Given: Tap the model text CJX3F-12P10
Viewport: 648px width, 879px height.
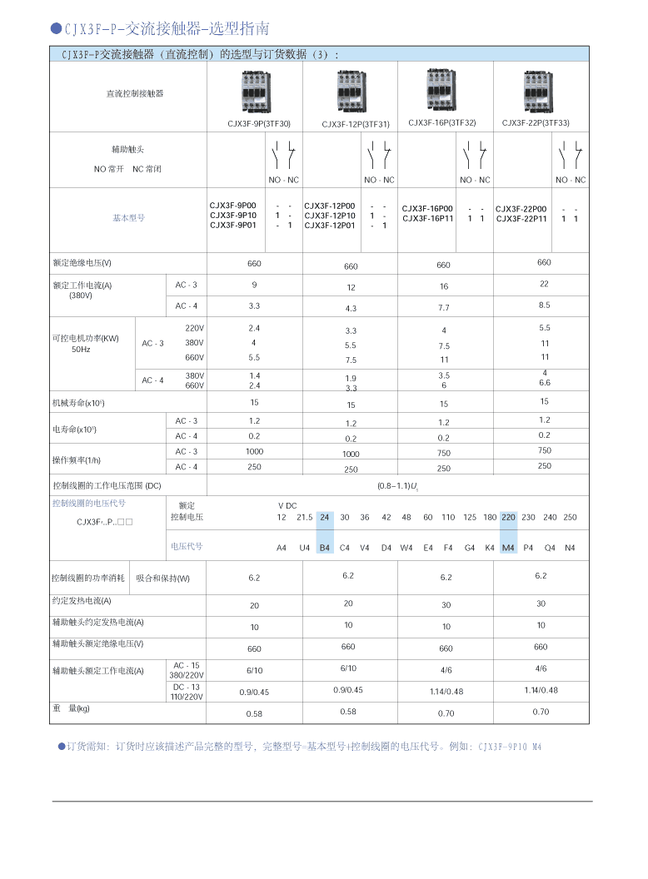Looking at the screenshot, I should pyautogui.click(x=330, y=216).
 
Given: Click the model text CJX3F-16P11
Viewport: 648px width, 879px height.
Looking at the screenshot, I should pyautogui.click(x=427, y=219).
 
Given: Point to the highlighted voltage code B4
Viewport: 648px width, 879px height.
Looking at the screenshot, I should pyautogui.click(x=325, y=548).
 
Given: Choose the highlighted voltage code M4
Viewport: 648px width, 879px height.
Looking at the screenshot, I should pyautogui.click(x=508, y=548).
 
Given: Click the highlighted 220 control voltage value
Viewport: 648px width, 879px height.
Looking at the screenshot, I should pyautogui.click(x=508, y=517).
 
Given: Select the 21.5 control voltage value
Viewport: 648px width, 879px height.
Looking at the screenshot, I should pyautogui.click(x=305, y=517).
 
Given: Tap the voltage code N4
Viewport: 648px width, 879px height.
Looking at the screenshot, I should pyautogui.click(x=570, y=548).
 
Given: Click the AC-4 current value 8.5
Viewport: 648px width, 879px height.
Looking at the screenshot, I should pyautogui.click(x=544, y=305).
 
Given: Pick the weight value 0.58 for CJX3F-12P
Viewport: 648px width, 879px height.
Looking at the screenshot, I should pyautogui.click(x=348, y=712).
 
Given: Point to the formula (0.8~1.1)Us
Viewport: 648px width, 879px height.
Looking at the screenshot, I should pyautogui.click(x=397, y=485).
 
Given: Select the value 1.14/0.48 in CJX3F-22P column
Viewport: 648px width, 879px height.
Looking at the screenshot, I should pyautogui.click(x=541, y=690).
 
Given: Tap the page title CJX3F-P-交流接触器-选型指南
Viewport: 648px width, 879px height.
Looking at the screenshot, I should pyautogui.click(x=167, y=29).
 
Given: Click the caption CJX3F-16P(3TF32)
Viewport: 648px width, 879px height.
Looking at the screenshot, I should pyautogui.click(x=442, y=122).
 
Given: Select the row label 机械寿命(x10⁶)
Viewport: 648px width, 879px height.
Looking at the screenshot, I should pyautogui.click(x=78, y=403).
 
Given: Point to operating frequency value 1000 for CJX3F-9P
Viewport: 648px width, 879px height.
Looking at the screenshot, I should pyautogui.click(x=254, y=451).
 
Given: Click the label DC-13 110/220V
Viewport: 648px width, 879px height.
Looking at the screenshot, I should pyautogui.click(x=187, y=692).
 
